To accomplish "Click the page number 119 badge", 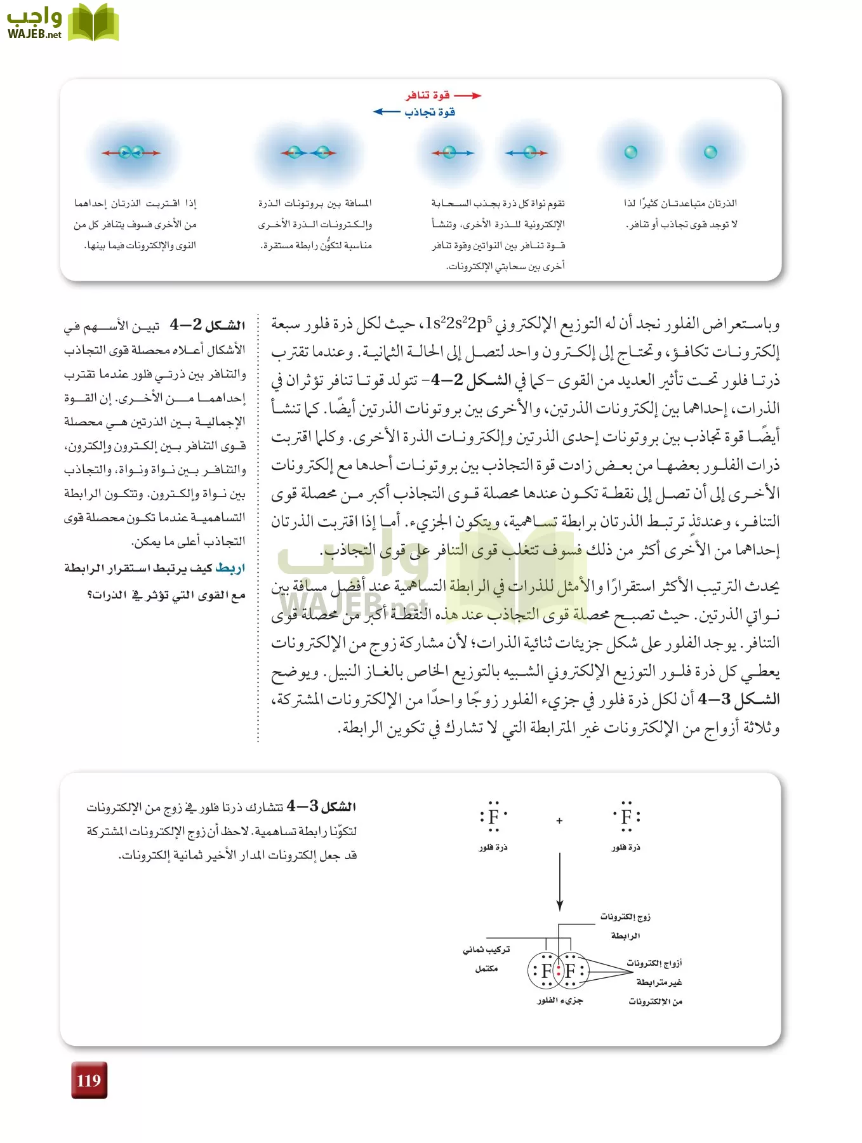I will (89, 1080).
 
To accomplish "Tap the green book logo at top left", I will (93, 23).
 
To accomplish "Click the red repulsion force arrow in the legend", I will (468, 96).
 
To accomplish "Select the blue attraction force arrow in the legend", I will (387, 112).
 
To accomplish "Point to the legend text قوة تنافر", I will (428, 95).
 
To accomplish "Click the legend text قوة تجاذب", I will (430, 112).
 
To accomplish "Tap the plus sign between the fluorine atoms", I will (559, 820).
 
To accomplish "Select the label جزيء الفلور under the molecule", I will (560, 1001).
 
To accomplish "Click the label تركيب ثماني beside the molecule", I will (486, 950).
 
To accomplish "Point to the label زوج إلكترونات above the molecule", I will (625, 917).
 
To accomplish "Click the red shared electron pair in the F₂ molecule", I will (559, 970).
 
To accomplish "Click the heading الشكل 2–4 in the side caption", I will (208, 325).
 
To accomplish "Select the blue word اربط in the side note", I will (230, 568).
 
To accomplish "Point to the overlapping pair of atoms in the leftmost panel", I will (131, 152).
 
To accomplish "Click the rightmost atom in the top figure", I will (710, 152).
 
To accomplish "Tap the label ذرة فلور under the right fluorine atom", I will (626, 847).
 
